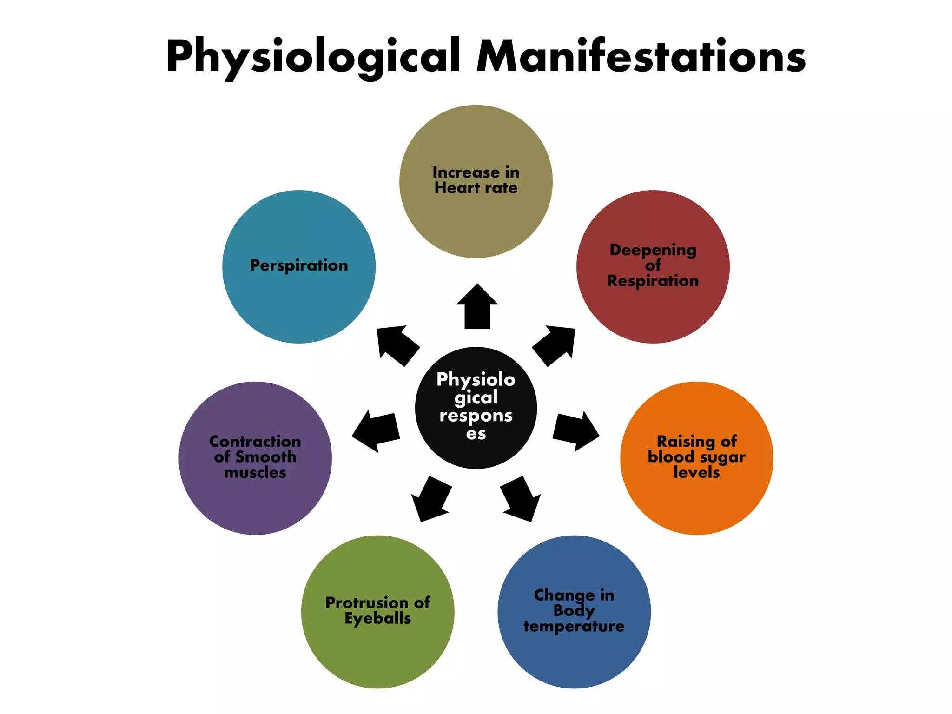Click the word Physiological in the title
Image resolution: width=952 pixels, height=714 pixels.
pyautogui.click(x=312, y=57)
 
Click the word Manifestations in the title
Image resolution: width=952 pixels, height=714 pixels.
pyautogui.click(x=641, y=57)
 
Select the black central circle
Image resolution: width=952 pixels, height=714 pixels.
pyautogui.click(x=476, y=408)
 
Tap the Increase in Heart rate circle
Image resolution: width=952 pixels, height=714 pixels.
pyautogui.click(x=476, y=218)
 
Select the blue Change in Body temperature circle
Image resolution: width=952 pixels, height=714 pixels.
pyautogui.click(x=574, y=655)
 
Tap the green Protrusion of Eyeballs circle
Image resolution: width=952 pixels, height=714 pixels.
pyautogui.click(x=377, y=651)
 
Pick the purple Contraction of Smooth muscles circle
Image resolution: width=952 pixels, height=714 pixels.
pyautogui.click(x=255, y=502)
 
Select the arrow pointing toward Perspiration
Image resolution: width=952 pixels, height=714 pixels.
pyautogui.click(x=396, y=345)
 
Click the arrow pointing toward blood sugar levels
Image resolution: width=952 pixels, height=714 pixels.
pyautogui.click(x=575, y=430)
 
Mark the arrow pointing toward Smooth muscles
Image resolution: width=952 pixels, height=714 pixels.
pyautogui.click(x=377, y=430)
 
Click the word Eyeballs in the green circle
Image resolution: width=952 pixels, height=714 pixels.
pyautogui.click(x=377, y=619)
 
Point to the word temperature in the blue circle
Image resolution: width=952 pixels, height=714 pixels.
pyautogui.click(x=574, y=627)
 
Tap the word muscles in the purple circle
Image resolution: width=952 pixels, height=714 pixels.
pyautogui.click(x=255, y=473)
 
